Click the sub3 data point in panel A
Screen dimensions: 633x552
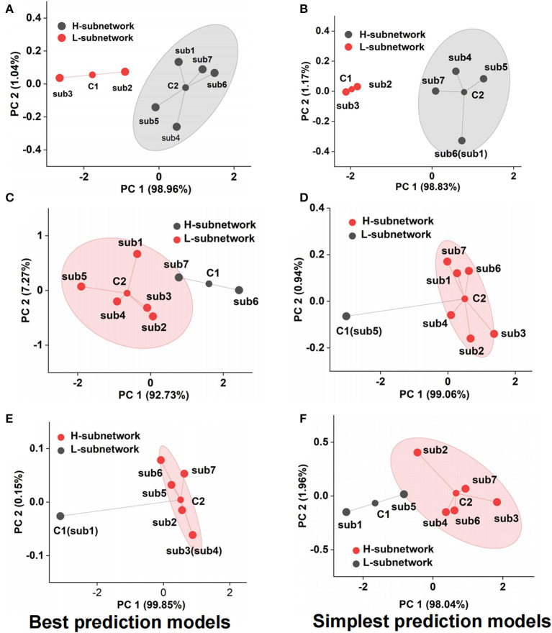(x=59, y=78)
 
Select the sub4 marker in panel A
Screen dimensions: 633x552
(x=176, y=127)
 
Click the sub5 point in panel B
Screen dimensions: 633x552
(x=484, y=79)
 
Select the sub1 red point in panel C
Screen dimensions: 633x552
(x=137, y=254)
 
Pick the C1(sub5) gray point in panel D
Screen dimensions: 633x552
(x=346, y=316)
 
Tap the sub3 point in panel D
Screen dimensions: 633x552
(x=494, y=334)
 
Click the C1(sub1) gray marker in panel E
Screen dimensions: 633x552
(x=60, y=516)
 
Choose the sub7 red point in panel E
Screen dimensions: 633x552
(x=184, y=473)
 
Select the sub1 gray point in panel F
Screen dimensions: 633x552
(x=346, y=512)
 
